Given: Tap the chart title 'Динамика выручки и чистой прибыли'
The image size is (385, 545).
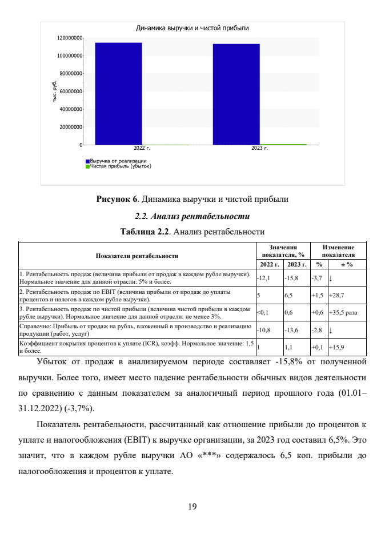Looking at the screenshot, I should (x=192, y=28).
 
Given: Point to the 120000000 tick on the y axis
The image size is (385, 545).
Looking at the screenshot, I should (x=69, y=38).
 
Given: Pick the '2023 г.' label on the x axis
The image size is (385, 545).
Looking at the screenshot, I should (x=259, y=148).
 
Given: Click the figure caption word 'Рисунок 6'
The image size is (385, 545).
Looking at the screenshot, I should (x=118, y=200).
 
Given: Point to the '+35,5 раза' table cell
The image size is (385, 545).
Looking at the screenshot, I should (x=344, y=312).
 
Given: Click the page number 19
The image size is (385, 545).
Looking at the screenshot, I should (x=192, y=504).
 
